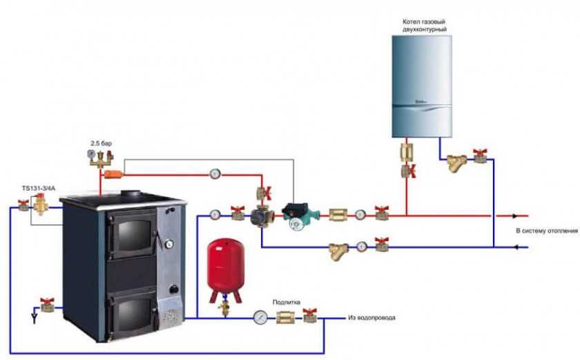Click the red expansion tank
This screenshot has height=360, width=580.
click(x=225, y=269)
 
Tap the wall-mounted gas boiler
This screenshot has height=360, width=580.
click(x=422, y=86)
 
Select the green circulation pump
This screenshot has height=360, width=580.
click(x=296, y=214)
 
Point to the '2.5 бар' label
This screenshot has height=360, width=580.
click(x=101, y=143)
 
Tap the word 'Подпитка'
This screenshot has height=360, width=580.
click(x=286, y=302)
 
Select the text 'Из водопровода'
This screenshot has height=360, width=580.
click(x=372, y=318)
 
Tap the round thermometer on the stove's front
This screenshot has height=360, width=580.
click(x=168, y=243)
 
